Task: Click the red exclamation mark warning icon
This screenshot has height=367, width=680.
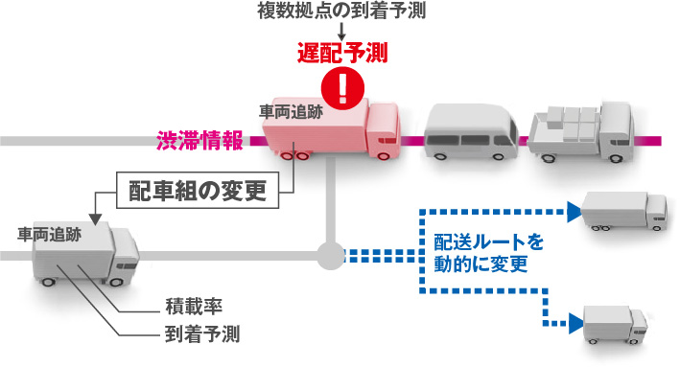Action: (339, 86)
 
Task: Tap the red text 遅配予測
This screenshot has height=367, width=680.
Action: (340, 53)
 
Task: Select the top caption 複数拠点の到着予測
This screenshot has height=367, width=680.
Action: (340, 11)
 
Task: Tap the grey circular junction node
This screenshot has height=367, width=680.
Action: (329, 256)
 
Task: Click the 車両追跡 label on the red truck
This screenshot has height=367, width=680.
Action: (291, 111)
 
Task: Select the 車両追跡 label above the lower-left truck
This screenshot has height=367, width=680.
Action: (49, 233)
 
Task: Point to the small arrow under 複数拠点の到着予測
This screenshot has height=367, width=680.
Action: (340, 31)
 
